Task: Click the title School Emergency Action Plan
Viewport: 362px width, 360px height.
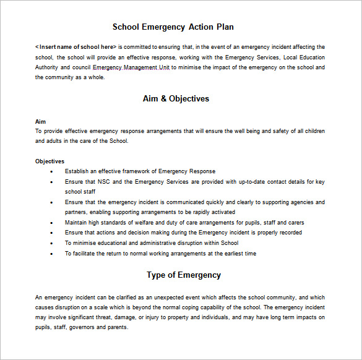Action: (173, 27)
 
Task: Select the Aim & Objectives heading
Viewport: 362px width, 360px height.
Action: (176, 98)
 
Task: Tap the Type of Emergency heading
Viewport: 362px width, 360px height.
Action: (183, 275)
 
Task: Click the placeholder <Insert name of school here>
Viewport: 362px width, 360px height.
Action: (75, 47)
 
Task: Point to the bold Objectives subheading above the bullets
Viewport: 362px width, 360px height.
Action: (50, 161)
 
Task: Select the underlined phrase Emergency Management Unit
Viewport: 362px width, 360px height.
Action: (131, 67)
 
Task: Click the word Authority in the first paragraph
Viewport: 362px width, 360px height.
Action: (47, 67)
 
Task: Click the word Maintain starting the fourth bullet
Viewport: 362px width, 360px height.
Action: (77, 223)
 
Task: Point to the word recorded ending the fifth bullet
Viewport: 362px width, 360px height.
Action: (290, 233)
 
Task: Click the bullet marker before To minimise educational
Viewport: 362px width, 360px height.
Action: (51, 243)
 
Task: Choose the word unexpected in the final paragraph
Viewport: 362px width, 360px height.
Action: (175, 297)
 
